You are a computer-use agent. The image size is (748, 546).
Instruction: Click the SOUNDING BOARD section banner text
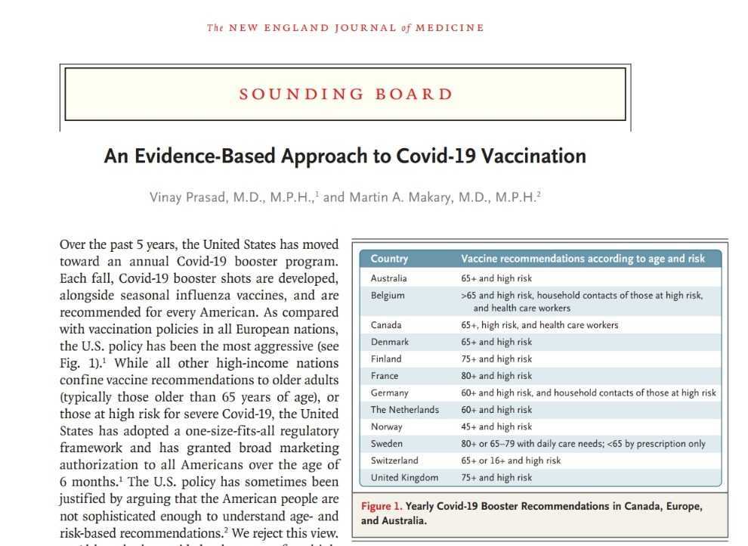345,95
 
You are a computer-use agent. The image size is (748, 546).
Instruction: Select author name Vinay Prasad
190,197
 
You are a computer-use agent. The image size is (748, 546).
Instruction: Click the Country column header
389,259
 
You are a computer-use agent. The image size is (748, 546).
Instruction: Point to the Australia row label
388,278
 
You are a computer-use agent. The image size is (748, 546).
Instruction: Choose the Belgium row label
388,296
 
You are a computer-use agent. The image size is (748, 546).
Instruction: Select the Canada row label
386,325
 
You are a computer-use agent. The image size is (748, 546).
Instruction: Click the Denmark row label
389,342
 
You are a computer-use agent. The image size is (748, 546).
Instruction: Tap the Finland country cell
386,359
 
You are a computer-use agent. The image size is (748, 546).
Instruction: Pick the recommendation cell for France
496,376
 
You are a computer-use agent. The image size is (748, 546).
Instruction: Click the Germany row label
389,393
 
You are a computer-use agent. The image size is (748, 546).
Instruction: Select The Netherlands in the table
404,410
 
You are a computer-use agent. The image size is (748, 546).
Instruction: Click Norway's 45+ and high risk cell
496,427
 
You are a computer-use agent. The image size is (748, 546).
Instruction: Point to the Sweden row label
387,444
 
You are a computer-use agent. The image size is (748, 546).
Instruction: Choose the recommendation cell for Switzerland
511,461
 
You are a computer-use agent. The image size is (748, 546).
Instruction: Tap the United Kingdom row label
404,478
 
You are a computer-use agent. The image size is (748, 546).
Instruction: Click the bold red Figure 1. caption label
382,507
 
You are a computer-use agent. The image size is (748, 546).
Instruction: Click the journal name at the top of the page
345,28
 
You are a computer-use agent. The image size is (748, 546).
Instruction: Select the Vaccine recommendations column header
583,259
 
